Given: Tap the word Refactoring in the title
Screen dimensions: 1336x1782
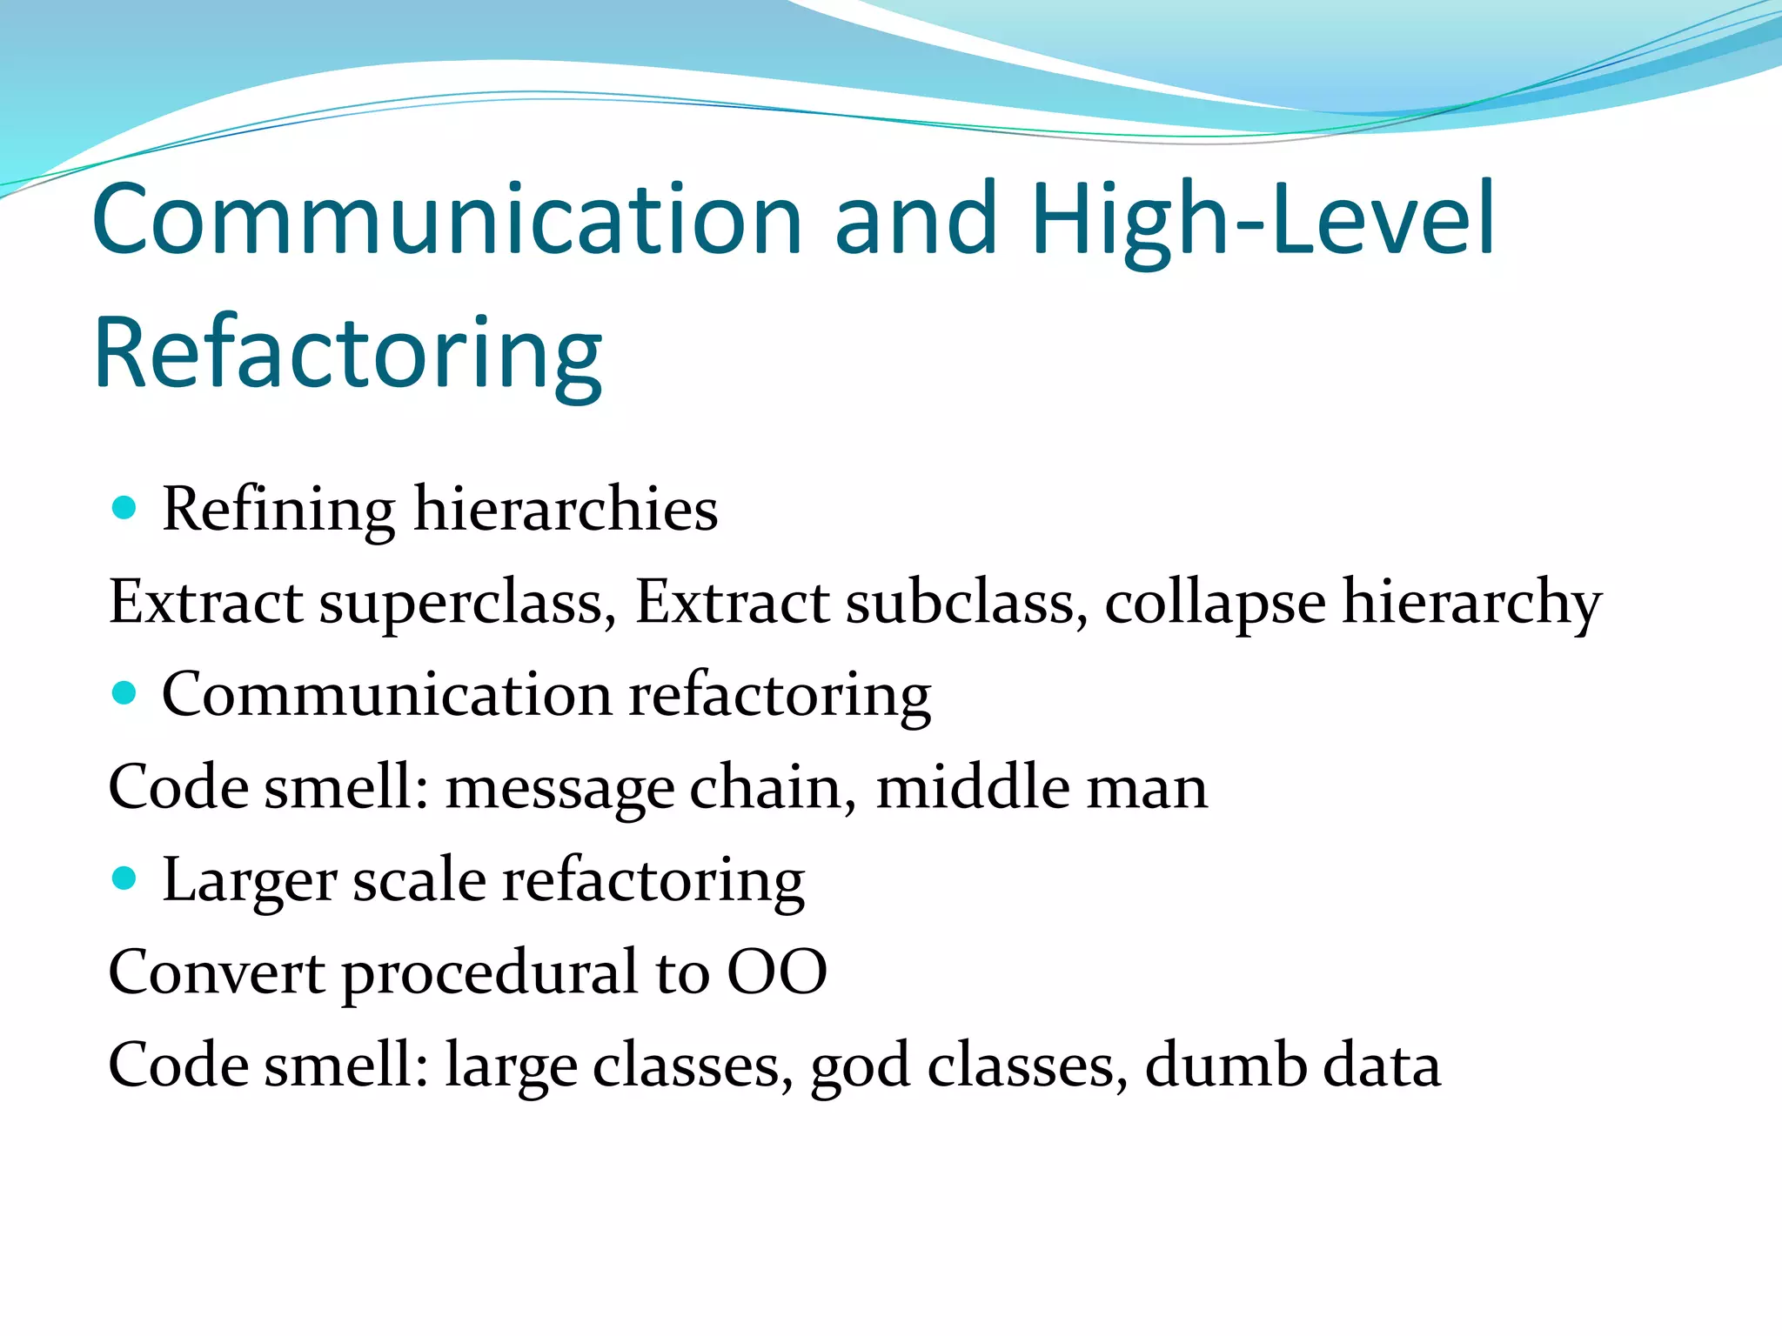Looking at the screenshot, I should click(347, 354).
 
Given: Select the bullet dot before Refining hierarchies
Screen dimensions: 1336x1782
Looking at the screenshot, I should click(125, 508).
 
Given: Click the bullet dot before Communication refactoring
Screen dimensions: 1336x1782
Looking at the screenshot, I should click(125, 693).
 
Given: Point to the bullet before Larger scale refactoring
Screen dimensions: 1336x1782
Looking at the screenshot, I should click(125, 878).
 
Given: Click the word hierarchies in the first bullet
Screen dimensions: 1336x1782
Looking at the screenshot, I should click(566, 510).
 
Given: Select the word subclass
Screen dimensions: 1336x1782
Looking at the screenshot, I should click(967, 603).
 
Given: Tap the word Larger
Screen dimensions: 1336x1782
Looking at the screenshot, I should click(249, 882).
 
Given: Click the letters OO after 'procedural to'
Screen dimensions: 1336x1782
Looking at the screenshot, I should click(776, 972).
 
